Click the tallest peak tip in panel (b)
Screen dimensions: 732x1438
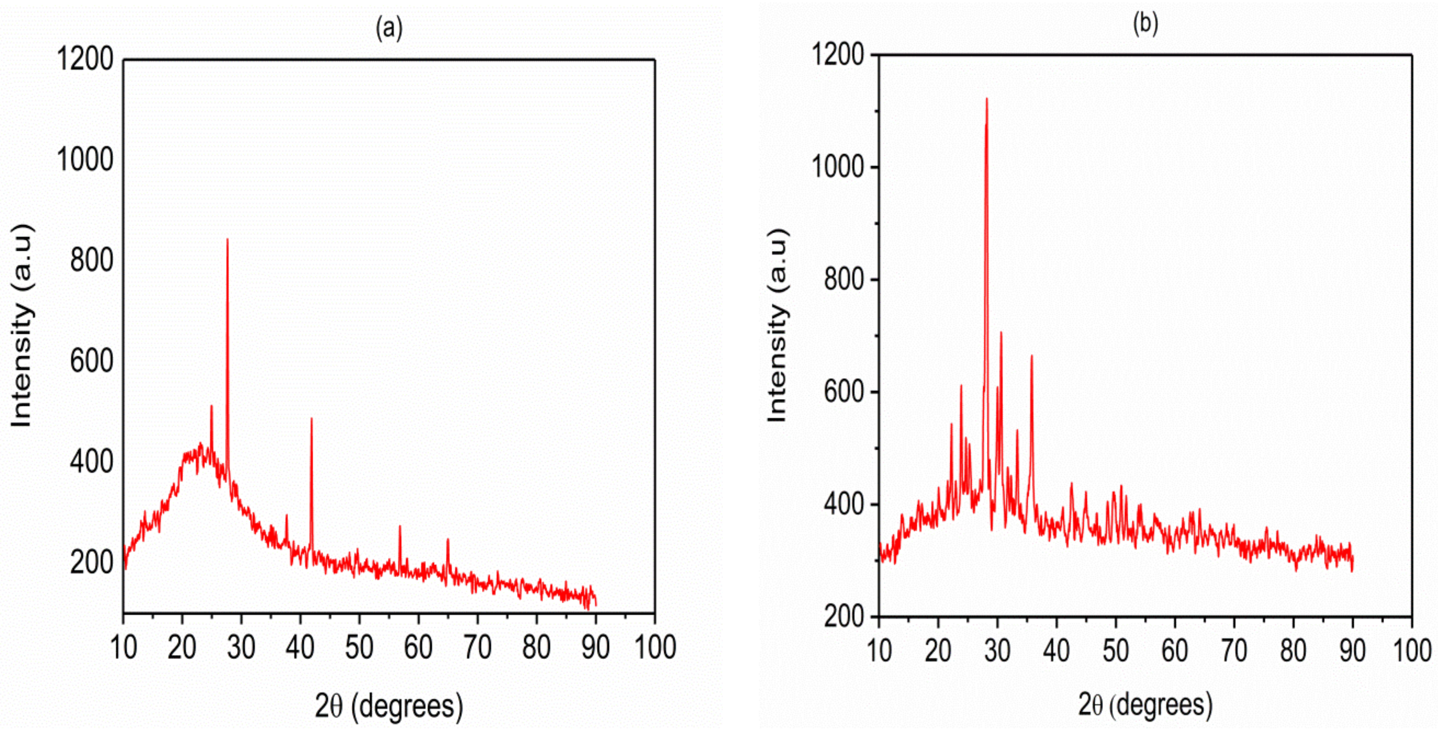[987, 99]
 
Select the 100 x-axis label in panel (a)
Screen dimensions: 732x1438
[655, 648]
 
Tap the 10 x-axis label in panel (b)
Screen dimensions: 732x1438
[879, 651]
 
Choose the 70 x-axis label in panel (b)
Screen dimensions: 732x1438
[1234, 651]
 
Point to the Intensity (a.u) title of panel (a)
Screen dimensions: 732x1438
[22, 326]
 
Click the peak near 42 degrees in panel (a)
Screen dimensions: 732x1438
[311, 419]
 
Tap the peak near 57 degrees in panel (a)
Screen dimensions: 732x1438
[400, 526]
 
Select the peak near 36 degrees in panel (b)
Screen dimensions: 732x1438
[1032, 356]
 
